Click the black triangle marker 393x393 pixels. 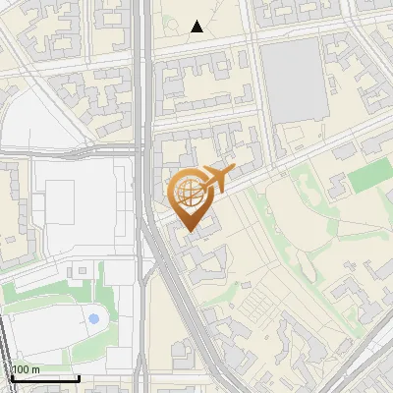pos(197,27)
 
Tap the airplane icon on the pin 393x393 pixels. pos(214,179)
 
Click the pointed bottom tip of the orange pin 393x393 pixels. pos(192,232)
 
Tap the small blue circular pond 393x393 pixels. pos(93,318)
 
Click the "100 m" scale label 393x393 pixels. pos(27,369)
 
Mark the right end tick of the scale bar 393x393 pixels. pos(79,376)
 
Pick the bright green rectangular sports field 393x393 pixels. pos(367,176)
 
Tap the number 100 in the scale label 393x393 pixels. pos(21,369)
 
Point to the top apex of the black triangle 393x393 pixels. pos(197,21)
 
